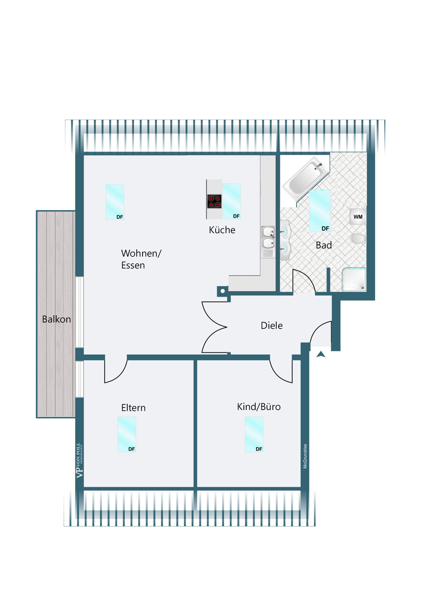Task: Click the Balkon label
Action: [56, 319]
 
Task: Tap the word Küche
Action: [222, 230]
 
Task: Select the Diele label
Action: [271, 325]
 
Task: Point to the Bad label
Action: [324, 245]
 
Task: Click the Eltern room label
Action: [133, 408]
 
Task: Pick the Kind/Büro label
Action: [259, 406]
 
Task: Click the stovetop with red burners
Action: [214, 202]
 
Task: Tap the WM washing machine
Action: [358, 217]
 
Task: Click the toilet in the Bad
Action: [359, 239]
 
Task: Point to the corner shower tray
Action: [354, 280]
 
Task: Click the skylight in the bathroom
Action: [319, 211]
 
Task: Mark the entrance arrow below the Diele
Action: [321, 354]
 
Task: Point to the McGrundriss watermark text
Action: [305, 456]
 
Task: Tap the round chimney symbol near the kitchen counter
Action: [222, 291]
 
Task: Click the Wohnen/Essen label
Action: [141, 259]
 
